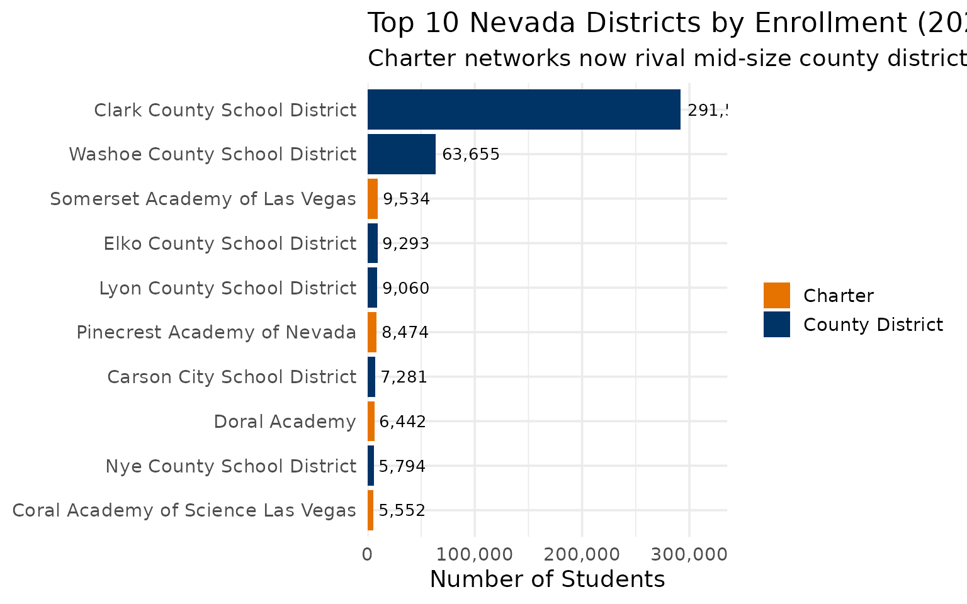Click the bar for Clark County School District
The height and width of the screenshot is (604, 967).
tap(524, 109)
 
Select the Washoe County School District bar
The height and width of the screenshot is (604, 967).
tap(402, 154)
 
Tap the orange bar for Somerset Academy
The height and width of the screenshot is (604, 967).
tap(373, 199)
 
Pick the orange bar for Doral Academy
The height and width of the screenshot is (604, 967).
tap(371, 422)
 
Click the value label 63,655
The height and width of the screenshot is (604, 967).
tap(471, 154)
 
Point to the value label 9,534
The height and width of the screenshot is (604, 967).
tap(406, 199)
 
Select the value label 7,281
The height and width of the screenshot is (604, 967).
tap(404, 377)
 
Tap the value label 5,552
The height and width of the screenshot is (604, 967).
tap(402, 510)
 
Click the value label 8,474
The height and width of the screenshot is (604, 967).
tap(405, 332)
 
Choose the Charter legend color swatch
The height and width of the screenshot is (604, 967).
tap(776, 296)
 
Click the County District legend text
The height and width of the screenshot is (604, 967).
tap(873, 325)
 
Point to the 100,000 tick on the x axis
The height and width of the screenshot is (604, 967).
tap(475, 554)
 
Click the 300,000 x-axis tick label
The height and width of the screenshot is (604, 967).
tap(689, 554)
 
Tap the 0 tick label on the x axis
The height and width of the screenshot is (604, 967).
tap(368, 554)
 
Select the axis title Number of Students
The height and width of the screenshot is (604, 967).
tap(547, 579)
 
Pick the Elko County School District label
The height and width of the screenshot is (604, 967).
tap(230, 243)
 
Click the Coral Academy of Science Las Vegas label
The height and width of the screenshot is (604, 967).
tap(184, 510)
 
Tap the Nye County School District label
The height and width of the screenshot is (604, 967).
tap(230, 466)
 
